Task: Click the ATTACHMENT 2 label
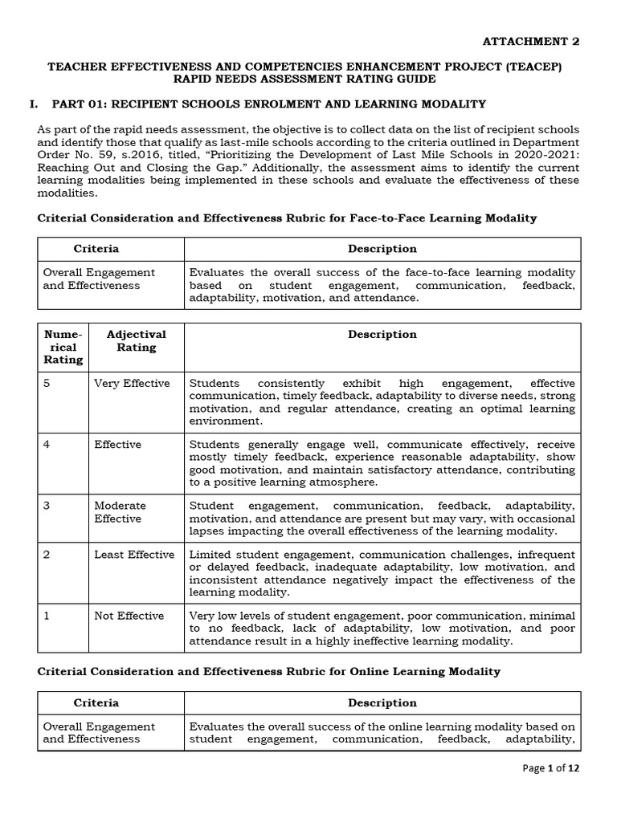click(x=530, y=42)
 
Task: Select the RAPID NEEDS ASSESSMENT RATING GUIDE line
click(x=309, y=79)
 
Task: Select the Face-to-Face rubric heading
click(x=287, y=218)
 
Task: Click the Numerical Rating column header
click(x=63, y=347)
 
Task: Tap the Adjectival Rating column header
click(x=137, y=340)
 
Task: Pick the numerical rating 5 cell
click(x=47, y=384)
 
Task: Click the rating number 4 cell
click(x=47, y=445)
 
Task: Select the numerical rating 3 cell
click(x=47, y=506)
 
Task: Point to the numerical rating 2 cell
click(x=47, y=555)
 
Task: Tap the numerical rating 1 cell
click(x=47, y=616)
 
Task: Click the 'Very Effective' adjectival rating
click(x=132, y=384)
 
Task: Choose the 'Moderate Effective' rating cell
click(x=121, y=512)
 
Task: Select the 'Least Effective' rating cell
click(x=133, y=555)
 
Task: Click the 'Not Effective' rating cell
click(x=129, y=616)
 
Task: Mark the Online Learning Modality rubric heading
click(x=268, y=671)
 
